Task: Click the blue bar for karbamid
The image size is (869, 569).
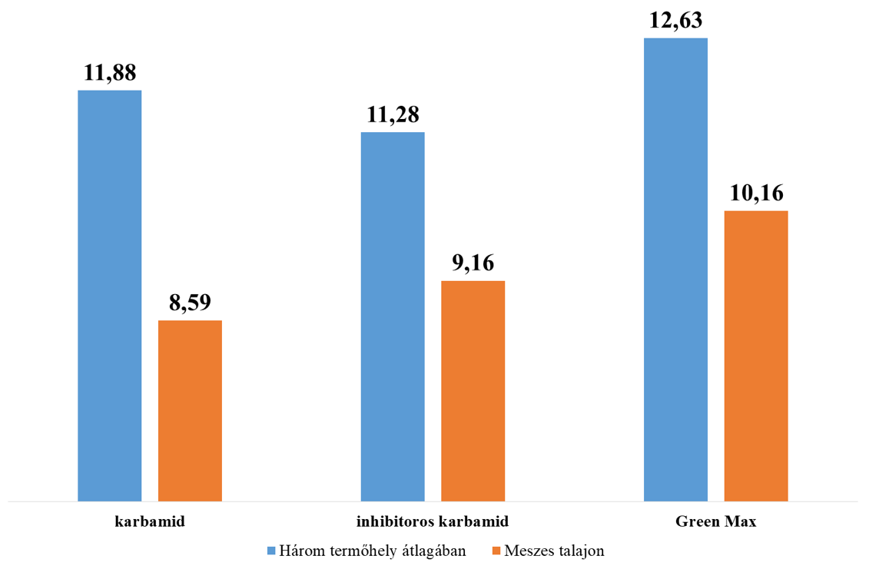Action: point(110,296)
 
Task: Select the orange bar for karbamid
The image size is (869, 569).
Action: point(190,410)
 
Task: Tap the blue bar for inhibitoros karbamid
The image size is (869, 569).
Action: point(393,316)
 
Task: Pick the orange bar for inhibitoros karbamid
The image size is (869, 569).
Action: point(473,391)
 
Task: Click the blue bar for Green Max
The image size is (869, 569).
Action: point(675,269)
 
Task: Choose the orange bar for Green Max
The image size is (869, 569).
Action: point(755,356)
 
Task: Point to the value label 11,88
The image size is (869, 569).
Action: point(110,74)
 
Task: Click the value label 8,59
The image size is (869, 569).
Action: point(190,303)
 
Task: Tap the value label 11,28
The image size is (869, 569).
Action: point(393,115)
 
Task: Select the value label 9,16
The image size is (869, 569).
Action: point(473,264)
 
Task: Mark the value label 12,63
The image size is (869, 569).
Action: point(675,21)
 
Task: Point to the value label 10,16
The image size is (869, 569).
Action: point(755,194)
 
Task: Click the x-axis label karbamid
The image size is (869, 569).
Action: point(150,522)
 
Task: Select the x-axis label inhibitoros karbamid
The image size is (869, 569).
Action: point(433,522)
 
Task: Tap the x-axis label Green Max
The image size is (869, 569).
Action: point(716,522)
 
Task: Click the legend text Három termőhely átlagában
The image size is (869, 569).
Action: point(373,551)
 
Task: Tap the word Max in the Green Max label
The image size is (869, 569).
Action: point(741,522)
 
